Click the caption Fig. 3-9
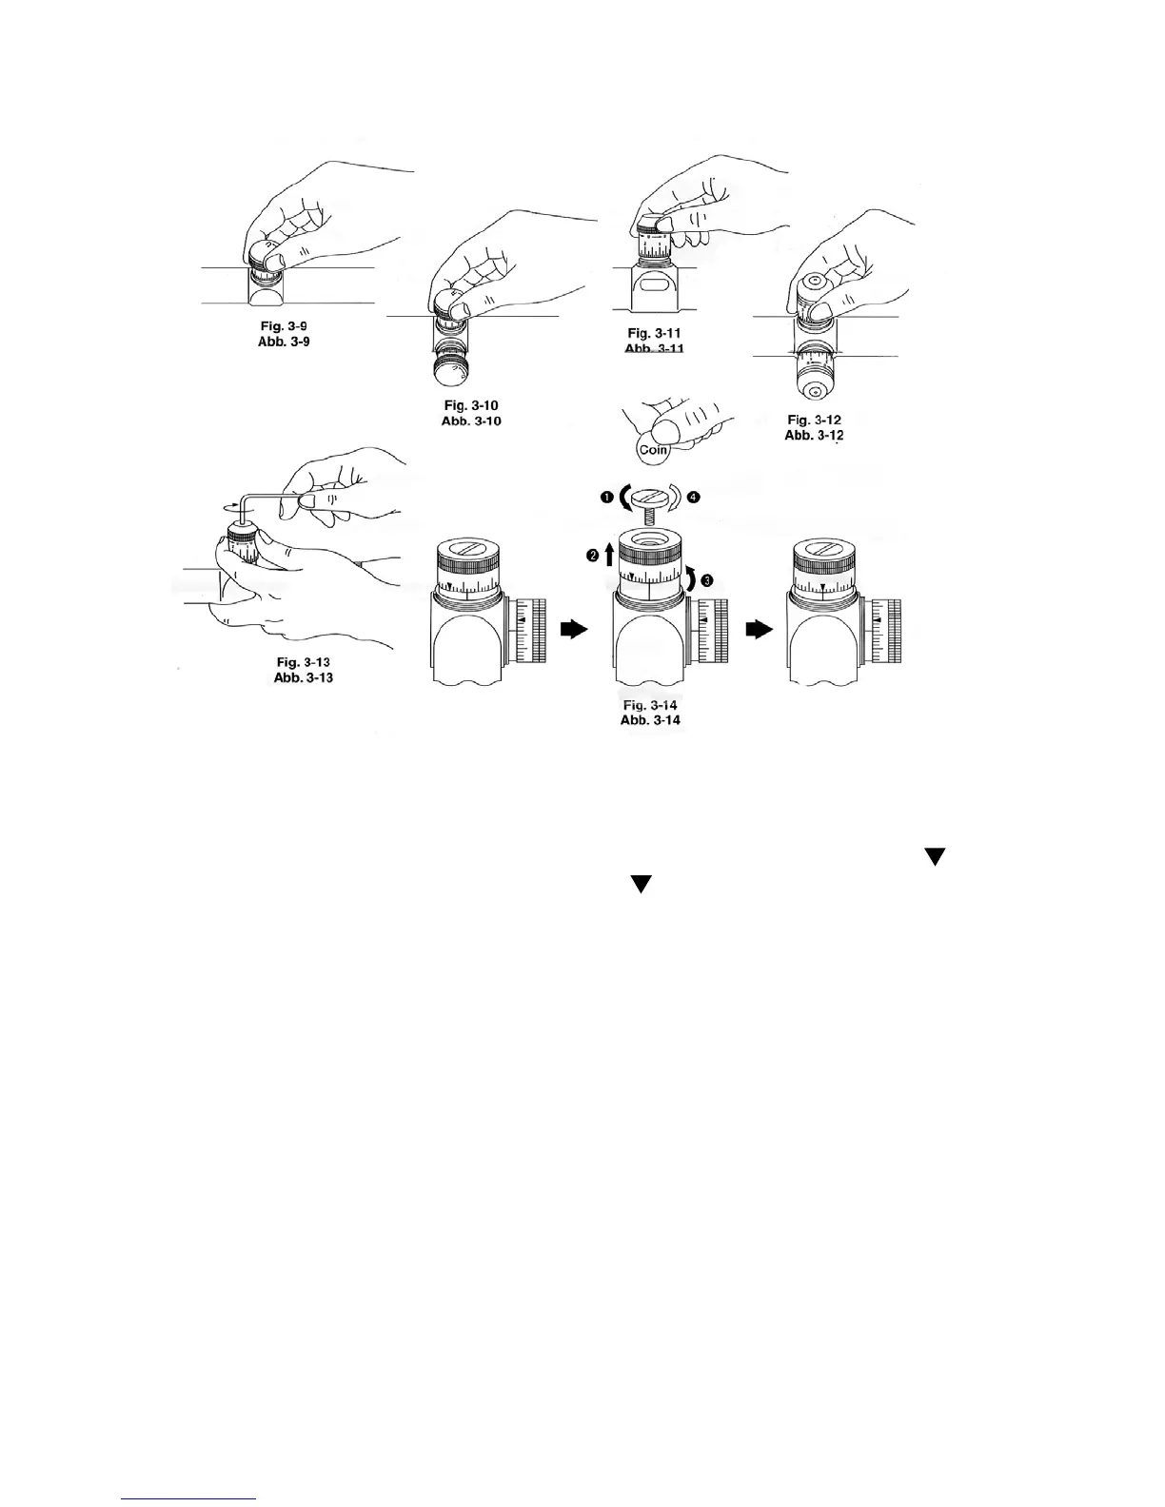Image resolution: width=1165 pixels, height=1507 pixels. click(x=284, y=325)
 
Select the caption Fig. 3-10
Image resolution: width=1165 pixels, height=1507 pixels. click(x=465, y=405)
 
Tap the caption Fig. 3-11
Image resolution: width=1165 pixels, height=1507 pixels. click(x=654, y=333)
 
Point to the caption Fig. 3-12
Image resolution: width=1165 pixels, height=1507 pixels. click(x=814, y=420)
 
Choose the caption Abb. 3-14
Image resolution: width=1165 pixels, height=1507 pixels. click(x=651, y=720)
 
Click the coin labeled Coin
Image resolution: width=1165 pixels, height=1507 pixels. click(x=653, y=449)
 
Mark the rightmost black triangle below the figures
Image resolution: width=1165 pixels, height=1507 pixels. click(x=934, y=857)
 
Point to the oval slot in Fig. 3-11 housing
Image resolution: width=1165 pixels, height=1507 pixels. click(x=654, y=284)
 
